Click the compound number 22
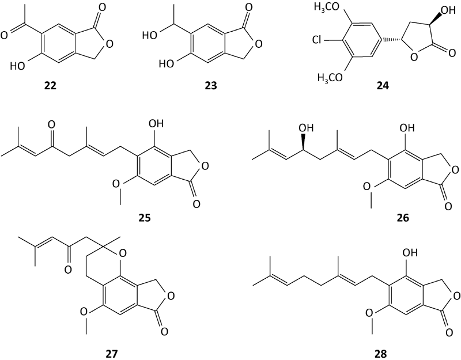(50, 86)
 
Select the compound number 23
(211, 86)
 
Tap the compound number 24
(383, 86)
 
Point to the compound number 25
(145, 218)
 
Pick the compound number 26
(402, 218)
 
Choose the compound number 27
(111, 354)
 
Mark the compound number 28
(381, 354)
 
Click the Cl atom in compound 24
(318, 39)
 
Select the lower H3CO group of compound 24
(330, 78)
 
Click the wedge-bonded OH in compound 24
(449, 10)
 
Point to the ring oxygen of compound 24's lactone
(414, 57)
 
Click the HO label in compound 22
(17, 66)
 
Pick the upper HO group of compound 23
(150, 36)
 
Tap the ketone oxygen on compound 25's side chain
(51, 125)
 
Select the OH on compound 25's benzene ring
(156, 123)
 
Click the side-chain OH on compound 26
(307, 127)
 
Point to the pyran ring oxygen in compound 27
(123, 252)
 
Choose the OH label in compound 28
(410, 252)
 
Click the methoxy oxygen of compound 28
(369, 313)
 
